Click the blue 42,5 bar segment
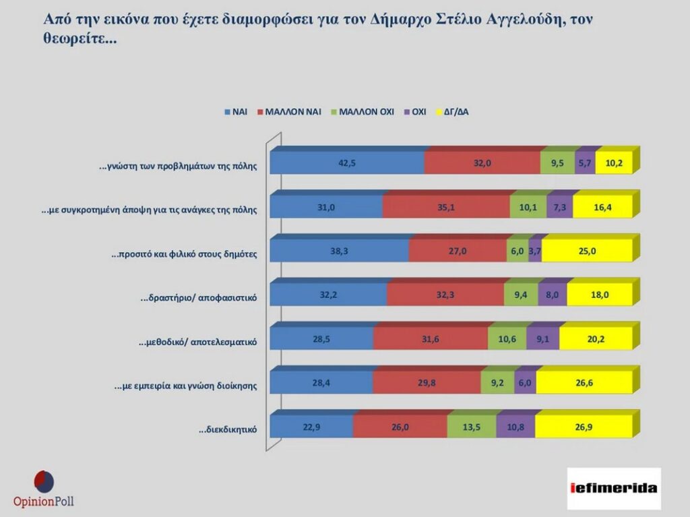click(x=347, y=164)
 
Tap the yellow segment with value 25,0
click(x=587, y=251)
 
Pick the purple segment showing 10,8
click(x=515, y=427)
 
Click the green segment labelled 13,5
click(x=471, y=427)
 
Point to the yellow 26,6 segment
click(x=584, y=384)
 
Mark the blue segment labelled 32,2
click(x=328, y=295)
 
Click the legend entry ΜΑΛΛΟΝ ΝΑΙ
click(x=293, y=112)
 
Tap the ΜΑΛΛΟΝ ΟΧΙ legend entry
click(x=367, y=112)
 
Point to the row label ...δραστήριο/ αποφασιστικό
click(x=199, y=297)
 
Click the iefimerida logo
click(x=614, y=487)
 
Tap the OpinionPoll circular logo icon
click(x=44, y=481)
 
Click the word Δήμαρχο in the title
click(x=400, y=20)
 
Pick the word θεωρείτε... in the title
click(x=82, y=40)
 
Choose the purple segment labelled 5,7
click(x=585, y=164)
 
